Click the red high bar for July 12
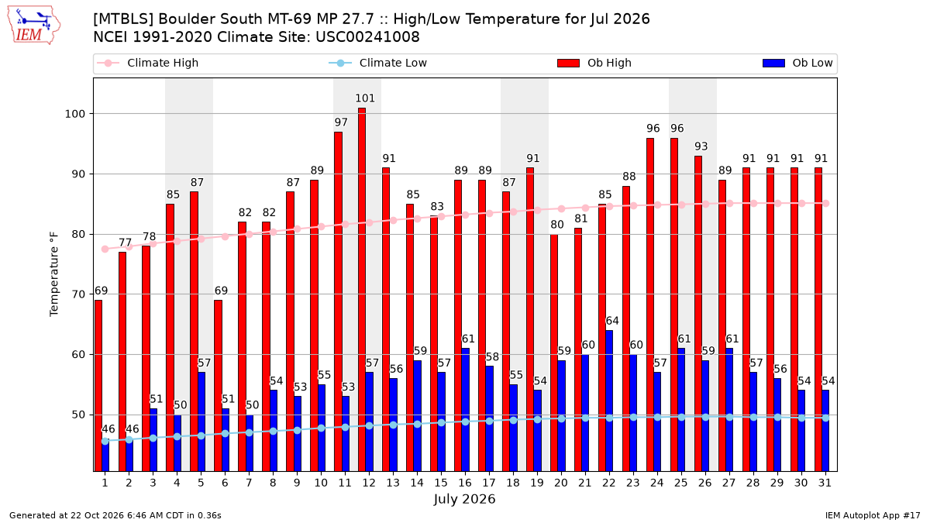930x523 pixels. click(x=362, y=289)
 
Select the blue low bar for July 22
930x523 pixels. click(x=609, y=401)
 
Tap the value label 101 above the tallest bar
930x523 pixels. click(x=365, y=98)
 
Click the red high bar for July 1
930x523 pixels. click(x=98, y=386)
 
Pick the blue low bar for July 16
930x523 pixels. click(x=466, y=410)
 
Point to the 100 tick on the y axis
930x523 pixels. click(x=74, y=114)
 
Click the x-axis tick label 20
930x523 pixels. click(x=561, y=483)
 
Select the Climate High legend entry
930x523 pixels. click(x=147, y=63)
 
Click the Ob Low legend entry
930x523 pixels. click(x=797, y=63)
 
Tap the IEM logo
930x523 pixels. click(x=33, y=26)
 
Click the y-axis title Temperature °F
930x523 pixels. click(x=54, y=274)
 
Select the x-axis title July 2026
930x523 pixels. click(x=464, y=499)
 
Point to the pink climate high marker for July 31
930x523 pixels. click(x=826, y=203)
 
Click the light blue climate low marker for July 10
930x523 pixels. click(x=321, y=428)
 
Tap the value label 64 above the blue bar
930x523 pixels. click(x=612, y=321)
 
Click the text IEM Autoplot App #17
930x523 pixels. click(x=873, y=515)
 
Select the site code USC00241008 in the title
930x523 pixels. click(x=367, y=37)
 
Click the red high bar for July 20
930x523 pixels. click(x=554, y=353)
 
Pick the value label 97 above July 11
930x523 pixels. click(x=341, y=122)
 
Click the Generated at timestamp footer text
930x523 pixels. click(x=115, y=515)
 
